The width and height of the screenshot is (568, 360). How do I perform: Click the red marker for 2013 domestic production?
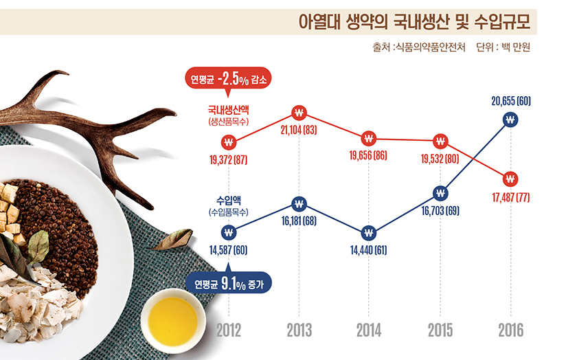299,112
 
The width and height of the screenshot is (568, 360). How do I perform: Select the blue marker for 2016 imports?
510,120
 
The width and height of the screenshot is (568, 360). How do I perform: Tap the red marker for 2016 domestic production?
510,179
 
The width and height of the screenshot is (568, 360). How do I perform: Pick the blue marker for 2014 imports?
369,232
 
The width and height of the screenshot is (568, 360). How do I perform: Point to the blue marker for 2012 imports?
229,232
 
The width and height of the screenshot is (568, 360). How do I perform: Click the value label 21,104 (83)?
299,131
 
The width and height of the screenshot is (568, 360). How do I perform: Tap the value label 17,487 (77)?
510,198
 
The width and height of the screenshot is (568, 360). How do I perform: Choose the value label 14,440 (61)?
369,250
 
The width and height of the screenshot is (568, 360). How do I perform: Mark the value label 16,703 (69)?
440,210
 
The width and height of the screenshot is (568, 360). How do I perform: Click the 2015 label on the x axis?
440,330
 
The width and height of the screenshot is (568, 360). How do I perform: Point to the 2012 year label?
229,330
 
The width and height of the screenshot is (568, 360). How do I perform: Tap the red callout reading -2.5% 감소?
229,78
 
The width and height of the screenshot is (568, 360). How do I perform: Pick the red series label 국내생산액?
229,109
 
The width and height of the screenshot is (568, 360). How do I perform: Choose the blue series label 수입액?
229,201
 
